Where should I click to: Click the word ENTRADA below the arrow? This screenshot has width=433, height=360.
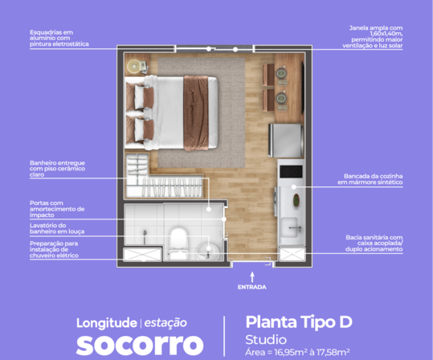(252, 287)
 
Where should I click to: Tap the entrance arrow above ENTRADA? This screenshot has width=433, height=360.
(252, 277)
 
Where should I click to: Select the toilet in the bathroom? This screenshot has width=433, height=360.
(178, 243)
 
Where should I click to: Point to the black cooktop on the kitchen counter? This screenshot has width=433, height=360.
(291, 172)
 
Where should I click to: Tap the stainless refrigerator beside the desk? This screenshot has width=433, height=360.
(285, 141)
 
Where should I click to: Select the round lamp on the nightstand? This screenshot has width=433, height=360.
(134, 67)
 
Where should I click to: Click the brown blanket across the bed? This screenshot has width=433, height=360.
(196, 112)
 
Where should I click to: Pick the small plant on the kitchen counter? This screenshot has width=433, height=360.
(296, 200)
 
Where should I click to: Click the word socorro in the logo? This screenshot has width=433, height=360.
(140, 345)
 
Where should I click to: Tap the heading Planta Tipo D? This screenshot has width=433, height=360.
(299, 322)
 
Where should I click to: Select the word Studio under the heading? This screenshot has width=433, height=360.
(266, 340)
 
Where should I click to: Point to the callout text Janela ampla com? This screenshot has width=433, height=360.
(376, 28)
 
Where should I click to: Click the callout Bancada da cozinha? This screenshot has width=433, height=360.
(374, 176)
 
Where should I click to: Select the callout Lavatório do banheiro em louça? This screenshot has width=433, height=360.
(57, 228)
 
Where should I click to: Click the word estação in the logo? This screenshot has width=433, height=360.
(165, 323)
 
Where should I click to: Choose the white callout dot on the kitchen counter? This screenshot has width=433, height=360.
(293, 187)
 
